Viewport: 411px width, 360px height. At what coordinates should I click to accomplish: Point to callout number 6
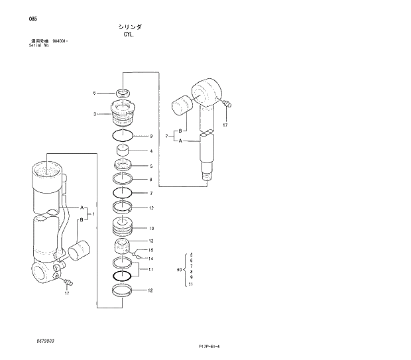[x=94, y=92]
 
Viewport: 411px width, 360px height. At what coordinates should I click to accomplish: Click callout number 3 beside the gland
[x=95, y=114]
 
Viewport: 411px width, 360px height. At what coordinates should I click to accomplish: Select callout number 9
[x=151, y=136]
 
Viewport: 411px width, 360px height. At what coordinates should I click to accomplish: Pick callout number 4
[x=151, y=151]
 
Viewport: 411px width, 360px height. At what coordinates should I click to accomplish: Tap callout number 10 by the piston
[x=151, y=229]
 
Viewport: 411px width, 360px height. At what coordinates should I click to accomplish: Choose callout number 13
[x=151, y=241]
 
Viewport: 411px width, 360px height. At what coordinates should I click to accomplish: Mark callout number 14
[x=151, y=259]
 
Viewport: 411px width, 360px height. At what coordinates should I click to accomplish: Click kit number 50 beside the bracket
[x=179, y=269]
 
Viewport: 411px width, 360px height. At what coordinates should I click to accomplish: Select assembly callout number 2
[x=166, y=136]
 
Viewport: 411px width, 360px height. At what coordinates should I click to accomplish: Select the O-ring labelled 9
[x=123, y=136]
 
